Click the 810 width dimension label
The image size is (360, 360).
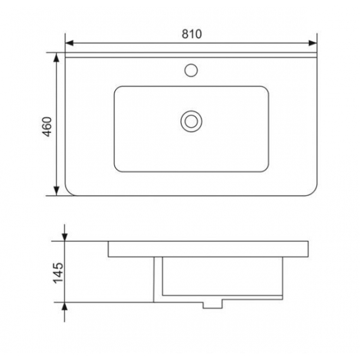192,34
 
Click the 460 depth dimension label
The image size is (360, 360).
48,126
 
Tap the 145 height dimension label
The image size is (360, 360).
58,273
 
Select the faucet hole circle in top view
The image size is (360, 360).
191,70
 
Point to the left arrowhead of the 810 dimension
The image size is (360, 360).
69,43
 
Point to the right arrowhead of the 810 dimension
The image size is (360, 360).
313,43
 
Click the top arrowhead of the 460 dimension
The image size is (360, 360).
56,57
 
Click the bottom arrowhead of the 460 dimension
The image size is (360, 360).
56,191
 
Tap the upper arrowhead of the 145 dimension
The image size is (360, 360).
65,237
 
